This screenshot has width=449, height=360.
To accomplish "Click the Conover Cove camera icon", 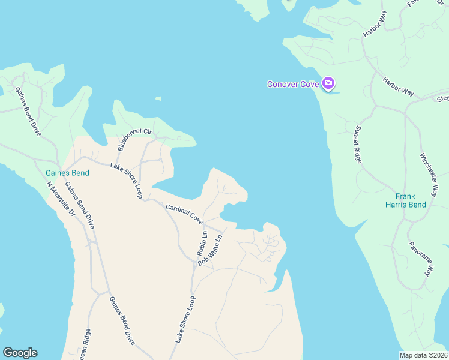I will pyautogui.click(x=328, y=82).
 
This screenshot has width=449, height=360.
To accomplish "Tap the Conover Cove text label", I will pyautogui.click(x=293, y=83).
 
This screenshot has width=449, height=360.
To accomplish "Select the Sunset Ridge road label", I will pyautogui.click(x=357, y=144).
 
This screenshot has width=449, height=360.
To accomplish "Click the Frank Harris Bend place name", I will pyautogui.click(x=406, y=200).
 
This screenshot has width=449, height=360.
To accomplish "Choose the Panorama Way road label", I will pyautogui.click(x=420, y=259).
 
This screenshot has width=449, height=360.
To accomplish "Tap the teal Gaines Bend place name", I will pyautogui.click(x=67, y=173).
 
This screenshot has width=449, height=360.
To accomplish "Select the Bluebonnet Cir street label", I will pyautogui.click(x=135, y=137).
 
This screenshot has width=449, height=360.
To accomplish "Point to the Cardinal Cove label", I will pyautogui.click(x=184, y=214).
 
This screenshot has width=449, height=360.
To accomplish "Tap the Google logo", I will pyautogui.click(x=20, y=353).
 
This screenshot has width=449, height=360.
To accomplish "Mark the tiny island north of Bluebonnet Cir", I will pyautogui.click(x=158, y=98).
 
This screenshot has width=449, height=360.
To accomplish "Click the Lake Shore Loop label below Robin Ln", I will pyautogui.click(x=185, y=319).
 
